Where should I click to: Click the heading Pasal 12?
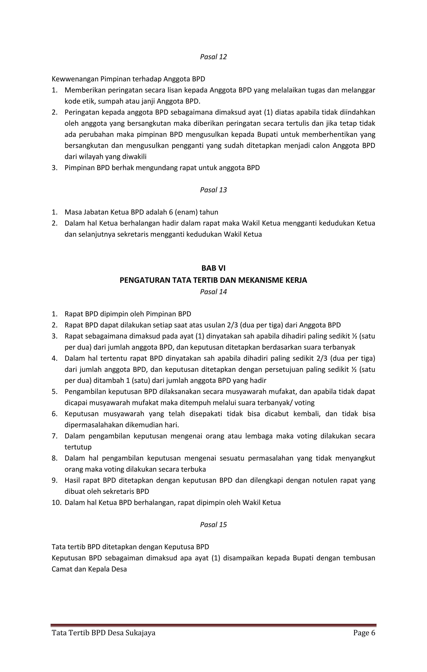click(x=213, y=57)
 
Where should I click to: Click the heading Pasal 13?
click(x=213, y=190)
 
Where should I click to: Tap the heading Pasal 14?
click(x=213, y=292)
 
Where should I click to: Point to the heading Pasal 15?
click(x=213, y=525)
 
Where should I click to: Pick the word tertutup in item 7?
click(x=78, y=447)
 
